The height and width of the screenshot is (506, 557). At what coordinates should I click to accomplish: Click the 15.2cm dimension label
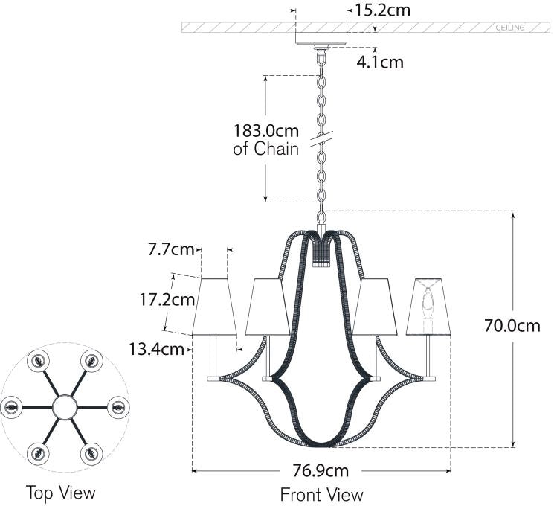coord(383,10)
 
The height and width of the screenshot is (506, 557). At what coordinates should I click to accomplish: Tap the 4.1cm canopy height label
coord(380,62)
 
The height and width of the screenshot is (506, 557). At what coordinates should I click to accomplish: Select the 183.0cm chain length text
coord(266,130)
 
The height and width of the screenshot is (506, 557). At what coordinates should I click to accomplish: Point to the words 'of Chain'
coord(266,149)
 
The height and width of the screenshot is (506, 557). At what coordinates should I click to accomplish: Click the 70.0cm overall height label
coord(512,325)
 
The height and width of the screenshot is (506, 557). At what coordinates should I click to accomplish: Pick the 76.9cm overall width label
coord(321,470)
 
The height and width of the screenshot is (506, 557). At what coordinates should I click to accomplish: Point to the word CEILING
coord(510,28)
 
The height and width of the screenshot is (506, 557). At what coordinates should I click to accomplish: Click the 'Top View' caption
coord(61,492)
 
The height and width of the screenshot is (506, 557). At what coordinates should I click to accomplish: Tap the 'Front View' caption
coord(321,493)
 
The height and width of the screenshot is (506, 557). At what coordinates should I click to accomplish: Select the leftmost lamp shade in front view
coord(214,307)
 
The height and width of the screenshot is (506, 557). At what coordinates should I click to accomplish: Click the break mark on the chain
coord(322,139)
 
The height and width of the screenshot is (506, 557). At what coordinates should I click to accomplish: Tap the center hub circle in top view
coord(65,407)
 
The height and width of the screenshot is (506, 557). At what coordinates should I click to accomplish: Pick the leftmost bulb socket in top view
coord(12,407)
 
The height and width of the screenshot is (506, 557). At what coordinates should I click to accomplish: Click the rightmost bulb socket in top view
coord(117,407)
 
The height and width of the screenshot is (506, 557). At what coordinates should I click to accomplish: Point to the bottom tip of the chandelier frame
coord(322,445)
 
